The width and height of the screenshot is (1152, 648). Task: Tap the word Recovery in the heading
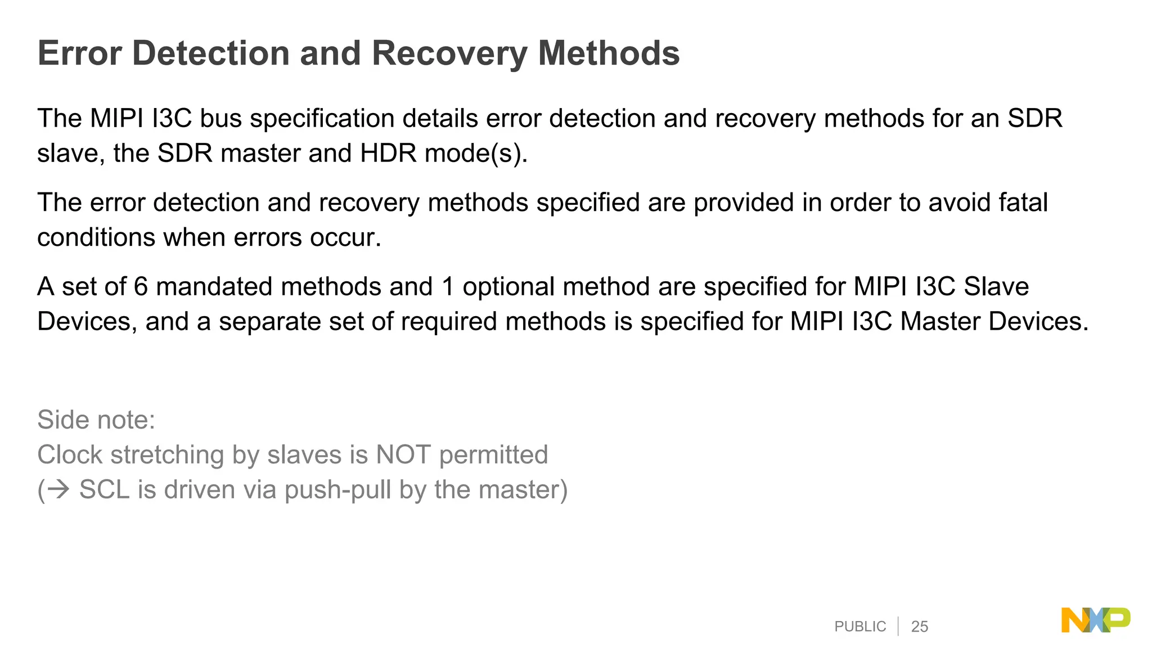click(x=448, y=55)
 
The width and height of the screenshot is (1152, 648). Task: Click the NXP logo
click(x=1095, y=620)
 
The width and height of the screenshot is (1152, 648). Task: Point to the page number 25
click(x=919, y=627)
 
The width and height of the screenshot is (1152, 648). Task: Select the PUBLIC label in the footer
click(x=859, y=627)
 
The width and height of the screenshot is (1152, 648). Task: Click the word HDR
click(x=388, y=153)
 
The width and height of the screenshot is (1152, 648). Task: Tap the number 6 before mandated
click(x=141, y=287)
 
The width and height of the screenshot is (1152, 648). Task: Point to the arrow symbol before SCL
click(x=58, y=489)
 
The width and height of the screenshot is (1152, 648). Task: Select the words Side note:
click(x=96, y=420)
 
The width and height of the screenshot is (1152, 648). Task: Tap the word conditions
click(x=96, y=237)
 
